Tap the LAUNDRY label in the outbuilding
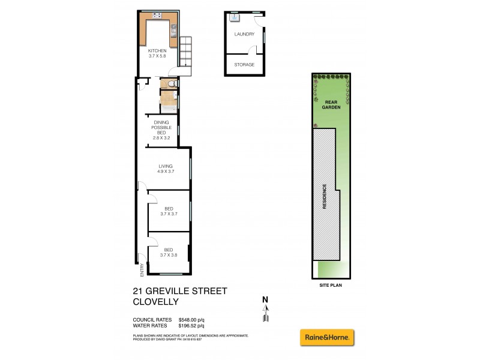pos(244,35)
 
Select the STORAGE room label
pos(244,65)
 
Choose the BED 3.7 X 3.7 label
pos(169,211)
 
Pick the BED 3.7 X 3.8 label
pos(169,252)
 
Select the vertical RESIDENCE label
pos(324,196)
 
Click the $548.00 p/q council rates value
pos(192,320)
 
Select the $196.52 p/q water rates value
pos(192,326)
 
